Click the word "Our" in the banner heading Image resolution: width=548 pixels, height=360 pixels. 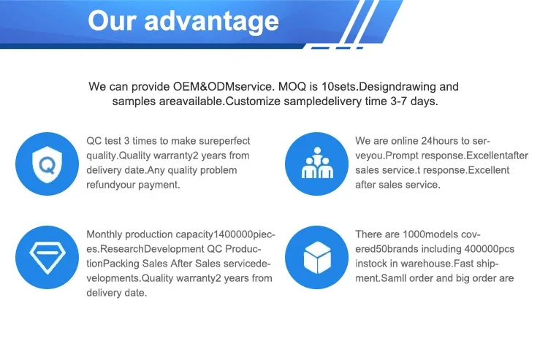coord(112,20)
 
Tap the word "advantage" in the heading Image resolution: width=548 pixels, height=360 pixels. coord(212,22)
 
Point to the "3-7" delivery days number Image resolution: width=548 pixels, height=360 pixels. coord(398,102)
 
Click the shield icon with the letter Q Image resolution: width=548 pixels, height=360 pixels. coord(47,164)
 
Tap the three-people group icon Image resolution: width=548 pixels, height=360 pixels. coord(317,163)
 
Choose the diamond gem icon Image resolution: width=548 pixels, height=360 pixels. coord(47,257)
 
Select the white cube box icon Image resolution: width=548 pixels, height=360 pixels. coord(317,257)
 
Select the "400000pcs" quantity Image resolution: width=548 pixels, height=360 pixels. coord(490,249)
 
